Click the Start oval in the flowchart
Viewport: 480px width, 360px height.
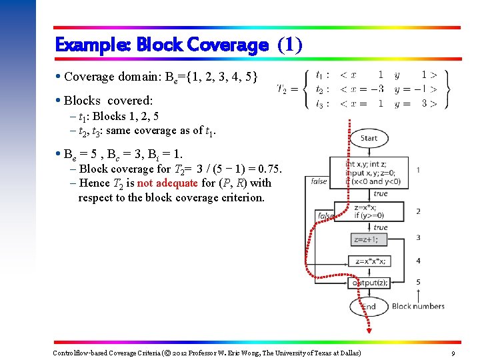point(368,138)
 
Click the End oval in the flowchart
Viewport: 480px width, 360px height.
point(368,307)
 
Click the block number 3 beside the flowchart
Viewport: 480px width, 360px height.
point(418,237)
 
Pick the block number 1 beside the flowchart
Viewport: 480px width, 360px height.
point(418,170)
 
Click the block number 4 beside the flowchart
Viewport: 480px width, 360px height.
point(418,260)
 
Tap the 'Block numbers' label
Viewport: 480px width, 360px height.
point(418,307)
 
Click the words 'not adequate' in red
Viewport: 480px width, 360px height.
point(167,183)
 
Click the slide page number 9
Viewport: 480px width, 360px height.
point(453,353)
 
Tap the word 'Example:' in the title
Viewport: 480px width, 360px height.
point(93,45)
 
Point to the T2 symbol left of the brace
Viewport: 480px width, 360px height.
point(283,89)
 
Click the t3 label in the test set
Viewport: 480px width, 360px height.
point(321,103)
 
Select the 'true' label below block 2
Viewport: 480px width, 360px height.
point(381,227)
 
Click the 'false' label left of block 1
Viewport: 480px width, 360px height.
point(319,181)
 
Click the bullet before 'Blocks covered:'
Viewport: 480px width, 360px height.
point(59,101)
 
